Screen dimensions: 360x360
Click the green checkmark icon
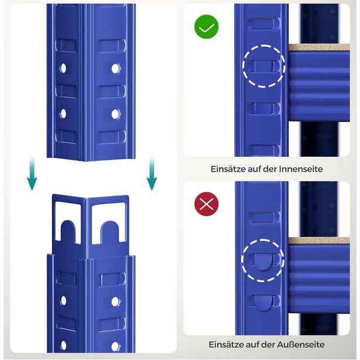click(x=207, y=27)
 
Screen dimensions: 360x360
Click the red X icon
click(x=207, y=204)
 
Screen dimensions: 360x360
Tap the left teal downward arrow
click(x=32, y=173)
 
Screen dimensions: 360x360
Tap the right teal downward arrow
click(x=152, y=173)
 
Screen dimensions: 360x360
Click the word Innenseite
click(x=301, y=169)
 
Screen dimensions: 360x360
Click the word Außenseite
click(x=301, y=345)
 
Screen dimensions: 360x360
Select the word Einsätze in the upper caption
click(x=228, y=169)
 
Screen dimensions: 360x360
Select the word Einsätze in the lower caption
click(x=227, y=345)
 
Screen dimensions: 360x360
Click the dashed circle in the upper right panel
click(x=264, y=44)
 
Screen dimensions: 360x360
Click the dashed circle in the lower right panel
click(x=263, y=239)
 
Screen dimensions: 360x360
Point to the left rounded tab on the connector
click(x=68, y=232)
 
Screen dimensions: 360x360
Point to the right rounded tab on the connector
click(x=110, y=232)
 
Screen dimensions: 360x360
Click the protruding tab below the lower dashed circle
click(x=263, y=303)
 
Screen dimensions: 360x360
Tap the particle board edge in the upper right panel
click(x=319, y=47)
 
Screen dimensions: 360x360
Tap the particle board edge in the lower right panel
click(x=319, y=241)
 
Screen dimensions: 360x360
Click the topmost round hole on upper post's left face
click(x=63, y=68)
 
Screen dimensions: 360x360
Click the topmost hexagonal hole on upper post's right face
click(x=115, y=68)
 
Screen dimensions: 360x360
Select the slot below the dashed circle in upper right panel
click(x=264, y=108)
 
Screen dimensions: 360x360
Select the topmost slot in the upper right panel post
click(x=264, y=23)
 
